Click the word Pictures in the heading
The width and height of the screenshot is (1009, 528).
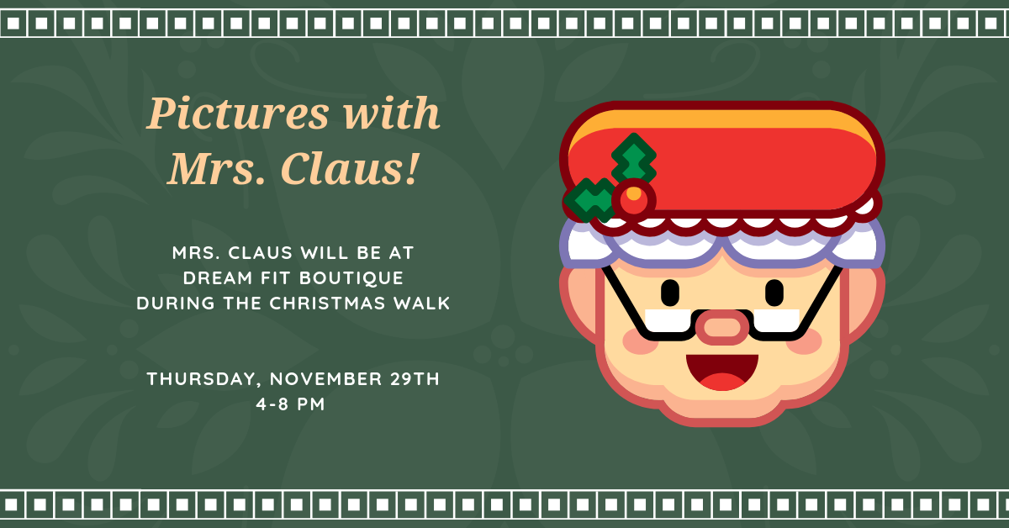pyautogui.click(x=238, y=113)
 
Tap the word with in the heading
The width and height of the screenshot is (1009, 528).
pyautogui.click(x=392, y=112)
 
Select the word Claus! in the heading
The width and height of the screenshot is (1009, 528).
pyautogui.click(x=351, y=168)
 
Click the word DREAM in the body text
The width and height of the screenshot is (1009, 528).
pyautogui.click(x=217, y=278)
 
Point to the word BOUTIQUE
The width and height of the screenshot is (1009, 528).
pyautogui.click(x=351, y=278)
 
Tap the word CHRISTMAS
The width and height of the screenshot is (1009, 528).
pyautogui.click(x=327, y=304)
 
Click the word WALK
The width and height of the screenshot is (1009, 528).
pyautogui.click(x=421, y=304)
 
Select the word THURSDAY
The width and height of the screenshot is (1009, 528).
pyautogui.click(x=201, y=379)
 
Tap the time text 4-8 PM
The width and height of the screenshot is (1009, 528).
pyautogui.click(x=291, y=404)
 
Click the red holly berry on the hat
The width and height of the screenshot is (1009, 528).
pyautogui.click(x=634, y=200)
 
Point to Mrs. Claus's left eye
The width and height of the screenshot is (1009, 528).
pyautogui.click(x=774, y=293)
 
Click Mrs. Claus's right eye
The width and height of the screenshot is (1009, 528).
pyautogui.click(x=670, y=293)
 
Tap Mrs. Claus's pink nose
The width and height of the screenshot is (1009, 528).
pyautogui.click(x=722, y=327)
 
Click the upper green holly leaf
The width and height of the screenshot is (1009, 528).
pyautogui.click(x=634, y=159)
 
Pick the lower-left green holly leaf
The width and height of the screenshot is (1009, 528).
pyautogui.click(x=589, y=200)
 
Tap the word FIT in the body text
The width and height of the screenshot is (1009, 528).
pyautogui.click(x=275, y=278)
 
